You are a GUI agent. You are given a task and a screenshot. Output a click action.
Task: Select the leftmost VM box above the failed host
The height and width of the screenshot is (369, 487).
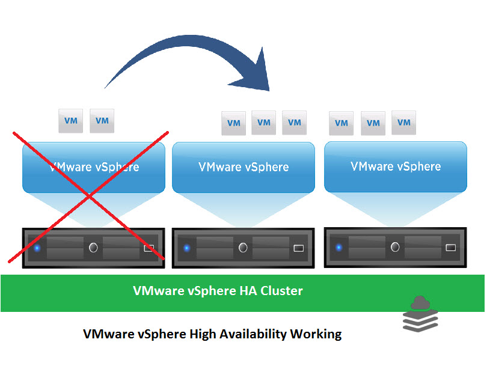(x=71, y=121)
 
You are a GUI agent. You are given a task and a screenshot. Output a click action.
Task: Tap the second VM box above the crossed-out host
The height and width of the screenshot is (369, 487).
(x=102, y=121)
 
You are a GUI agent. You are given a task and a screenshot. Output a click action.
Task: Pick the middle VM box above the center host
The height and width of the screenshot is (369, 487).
(x=264, y=123)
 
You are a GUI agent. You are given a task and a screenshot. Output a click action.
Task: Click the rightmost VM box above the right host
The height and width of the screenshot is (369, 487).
(x=404, y=123)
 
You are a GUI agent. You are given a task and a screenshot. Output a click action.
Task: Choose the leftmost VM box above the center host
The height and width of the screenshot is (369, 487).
(x=233, y=123)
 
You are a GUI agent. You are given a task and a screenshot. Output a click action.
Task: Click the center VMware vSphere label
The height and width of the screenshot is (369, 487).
(x=243, y=167)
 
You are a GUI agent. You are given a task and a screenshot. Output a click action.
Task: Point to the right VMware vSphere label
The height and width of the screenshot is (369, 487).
(x=396, y=166)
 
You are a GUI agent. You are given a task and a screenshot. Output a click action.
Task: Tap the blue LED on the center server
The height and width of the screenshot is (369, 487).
(x=186, y=248)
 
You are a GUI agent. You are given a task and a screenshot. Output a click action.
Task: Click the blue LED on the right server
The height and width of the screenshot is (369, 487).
(x=339, y=248)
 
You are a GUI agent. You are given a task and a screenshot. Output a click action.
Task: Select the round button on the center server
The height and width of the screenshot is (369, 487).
(x=243, y=248)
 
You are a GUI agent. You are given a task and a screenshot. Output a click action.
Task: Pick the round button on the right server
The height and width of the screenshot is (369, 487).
(x=395, y=247)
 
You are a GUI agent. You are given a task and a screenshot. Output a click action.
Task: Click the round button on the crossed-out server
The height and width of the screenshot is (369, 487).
(x=93, y=248)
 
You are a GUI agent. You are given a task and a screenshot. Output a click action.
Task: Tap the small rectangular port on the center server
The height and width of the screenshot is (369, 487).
(x=298, y=248)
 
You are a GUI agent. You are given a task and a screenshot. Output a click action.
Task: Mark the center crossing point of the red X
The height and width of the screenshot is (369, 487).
(x=89, y=196)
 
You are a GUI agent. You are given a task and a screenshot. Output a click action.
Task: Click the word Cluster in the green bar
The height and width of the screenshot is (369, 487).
(x=281, y=291)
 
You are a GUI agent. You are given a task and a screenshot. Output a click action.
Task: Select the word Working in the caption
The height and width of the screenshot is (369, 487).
(x=316, y=334)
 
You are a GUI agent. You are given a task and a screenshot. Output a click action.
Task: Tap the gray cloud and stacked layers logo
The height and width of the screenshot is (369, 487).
(x=420, y=314)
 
